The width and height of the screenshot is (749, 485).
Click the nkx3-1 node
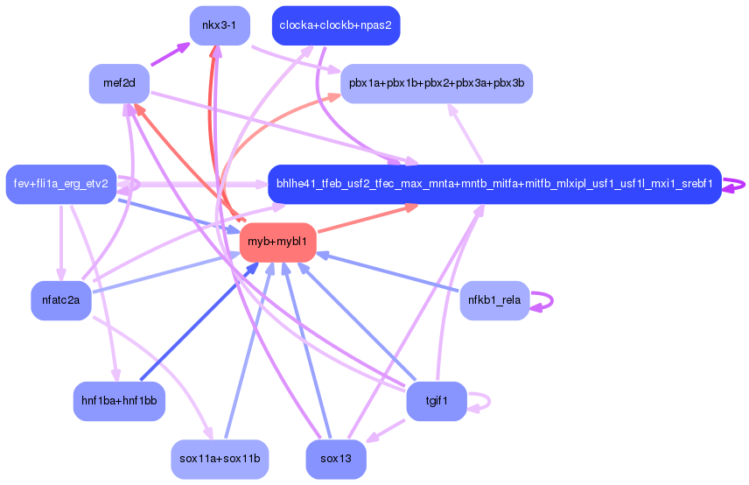220,25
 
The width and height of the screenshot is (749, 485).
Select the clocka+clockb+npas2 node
336,25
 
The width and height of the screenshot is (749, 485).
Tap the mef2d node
118,84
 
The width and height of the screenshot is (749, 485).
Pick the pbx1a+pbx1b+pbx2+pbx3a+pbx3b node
436,84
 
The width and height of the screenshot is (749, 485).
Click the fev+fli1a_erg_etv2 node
61,184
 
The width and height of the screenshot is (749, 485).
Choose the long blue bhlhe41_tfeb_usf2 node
493,184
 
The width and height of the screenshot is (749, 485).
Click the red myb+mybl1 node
277,241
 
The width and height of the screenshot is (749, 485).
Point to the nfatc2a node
61,300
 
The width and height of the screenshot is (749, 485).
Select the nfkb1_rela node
494,300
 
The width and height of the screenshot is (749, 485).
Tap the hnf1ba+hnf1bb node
119,401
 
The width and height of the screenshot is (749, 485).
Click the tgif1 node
437,401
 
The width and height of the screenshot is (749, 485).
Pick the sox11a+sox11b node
220,459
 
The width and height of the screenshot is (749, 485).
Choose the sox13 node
336,459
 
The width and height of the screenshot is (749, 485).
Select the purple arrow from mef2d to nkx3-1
171,54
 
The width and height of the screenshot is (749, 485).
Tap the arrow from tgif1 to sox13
385,430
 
